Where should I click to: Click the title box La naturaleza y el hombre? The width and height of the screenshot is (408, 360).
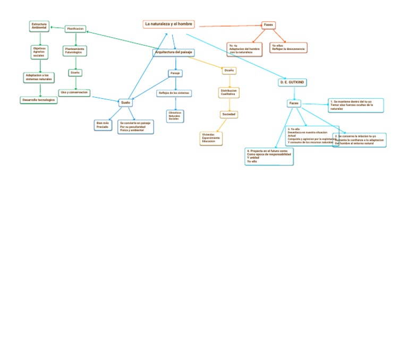pos(169,24)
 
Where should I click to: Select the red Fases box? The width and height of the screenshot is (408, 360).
pos(269,25)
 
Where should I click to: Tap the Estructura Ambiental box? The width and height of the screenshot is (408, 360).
pos(39,25)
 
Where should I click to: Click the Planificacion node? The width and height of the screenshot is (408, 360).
pos(75,29)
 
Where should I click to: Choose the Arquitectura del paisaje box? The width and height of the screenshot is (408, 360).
pos(173,53)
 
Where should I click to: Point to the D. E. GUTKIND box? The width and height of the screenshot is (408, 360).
pos(293,83)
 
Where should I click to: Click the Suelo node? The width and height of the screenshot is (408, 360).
pos(125,102)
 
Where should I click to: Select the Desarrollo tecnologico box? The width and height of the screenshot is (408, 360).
pos(39,100)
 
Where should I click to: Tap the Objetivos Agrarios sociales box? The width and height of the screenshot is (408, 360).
pos(39,52)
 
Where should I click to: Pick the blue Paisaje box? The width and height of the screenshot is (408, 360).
pos(175,73)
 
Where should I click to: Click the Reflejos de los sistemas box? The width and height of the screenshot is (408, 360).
pos(174,93)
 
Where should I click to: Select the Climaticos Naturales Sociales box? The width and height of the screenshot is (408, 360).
pos(175,116)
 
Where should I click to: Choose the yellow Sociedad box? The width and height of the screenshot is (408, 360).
pos(229,115)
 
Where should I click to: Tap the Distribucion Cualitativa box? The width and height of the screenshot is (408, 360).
pos(229,92)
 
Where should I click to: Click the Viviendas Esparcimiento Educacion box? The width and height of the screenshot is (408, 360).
pos(211,138)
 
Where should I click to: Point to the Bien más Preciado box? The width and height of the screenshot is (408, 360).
pos(103,125)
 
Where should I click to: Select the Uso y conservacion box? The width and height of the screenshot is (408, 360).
pos(74,92)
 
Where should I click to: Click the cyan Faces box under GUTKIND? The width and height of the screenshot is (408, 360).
pos(294,103)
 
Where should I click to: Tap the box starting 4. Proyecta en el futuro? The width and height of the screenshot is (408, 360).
pos(269,157)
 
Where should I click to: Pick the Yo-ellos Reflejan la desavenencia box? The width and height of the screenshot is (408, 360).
pos(288,48)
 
